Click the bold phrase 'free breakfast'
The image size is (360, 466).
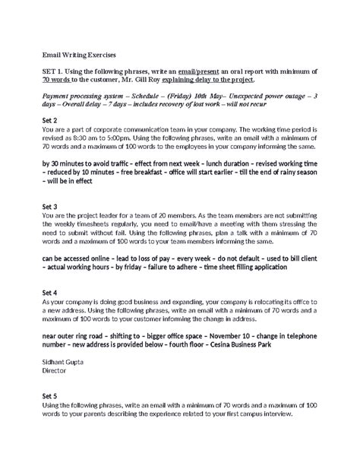pos(158,172)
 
